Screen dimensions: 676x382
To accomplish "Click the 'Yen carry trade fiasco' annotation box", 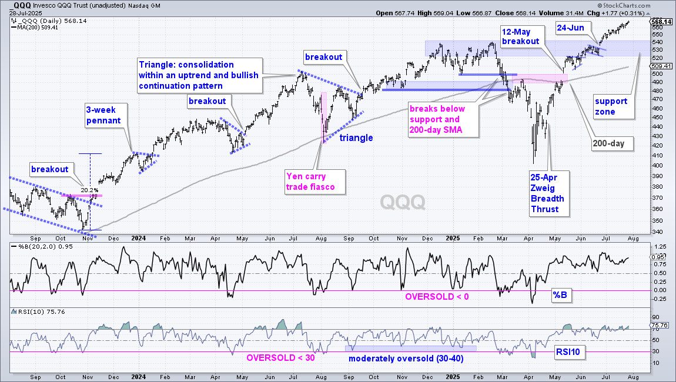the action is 315,182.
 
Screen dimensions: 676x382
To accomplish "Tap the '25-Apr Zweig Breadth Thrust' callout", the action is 549,193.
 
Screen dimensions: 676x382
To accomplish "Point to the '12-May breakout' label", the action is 520,36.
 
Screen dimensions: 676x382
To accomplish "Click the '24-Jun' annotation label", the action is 570,28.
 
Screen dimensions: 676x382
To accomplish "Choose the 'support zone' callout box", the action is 613,106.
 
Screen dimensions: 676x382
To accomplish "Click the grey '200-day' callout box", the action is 612,143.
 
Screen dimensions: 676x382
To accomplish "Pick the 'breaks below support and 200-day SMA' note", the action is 443,119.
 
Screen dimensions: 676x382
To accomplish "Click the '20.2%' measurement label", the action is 90,190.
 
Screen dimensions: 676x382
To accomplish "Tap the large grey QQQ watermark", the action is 403,202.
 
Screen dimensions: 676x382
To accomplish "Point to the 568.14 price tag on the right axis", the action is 661,22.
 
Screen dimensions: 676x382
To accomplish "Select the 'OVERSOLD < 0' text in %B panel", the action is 437,297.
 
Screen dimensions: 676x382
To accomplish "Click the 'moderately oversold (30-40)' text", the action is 406,358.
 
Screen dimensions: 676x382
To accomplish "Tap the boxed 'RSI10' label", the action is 568,352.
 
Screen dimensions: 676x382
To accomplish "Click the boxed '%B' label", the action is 560,296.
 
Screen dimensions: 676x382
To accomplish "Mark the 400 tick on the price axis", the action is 657,166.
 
